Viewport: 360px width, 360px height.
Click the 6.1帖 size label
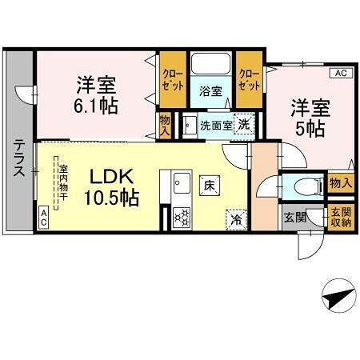(x=98, y=105)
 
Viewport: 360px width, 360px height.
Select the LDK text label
(x=110, y=175)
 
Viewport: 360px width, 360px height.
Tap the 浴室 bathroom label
(x=210, y=90)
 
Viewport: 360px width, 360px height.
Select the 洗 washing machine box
(x=243, y=124)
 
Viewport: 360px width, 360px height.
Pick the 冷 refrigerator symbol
(x=236, y=216)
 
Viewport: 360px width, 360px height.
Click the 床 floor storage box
(x=210, y=184)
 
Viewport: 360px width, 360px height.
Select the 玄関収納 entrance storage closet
(x=341, y=217)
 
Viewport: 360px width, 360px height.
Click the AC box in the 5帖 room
(x=340, y=74)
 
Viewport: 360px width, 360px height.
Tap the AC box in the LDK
(x=44, y=216)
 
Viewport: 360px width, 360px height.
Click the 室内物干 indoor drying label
(x=62, y=184)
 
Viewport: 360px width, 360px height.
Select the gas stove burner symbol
(x=181, y=217)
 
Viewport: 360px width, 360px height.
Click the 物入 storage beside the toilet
(x=341, y=183)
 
